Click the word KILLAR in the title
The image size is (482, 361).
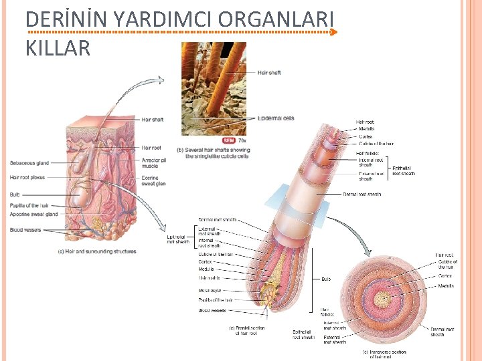point(58,48)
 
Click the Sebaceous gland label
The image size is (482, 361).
point(29,162)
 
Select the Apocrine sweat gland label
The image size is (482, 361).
point(34,214)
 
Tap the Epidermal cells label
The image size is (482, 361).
point(276,118)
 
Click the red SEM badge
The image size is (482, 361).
point(229,141)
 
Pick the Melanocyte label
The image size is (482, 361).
point(210,291)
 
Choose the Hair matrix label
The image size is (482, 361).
point(210,277)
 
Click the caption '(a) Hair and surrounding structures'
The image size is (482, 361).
point(97,252)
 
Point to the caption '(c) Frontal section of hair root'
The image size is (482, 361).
point(247,330)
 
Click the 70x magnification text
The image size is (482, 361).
point(242,141)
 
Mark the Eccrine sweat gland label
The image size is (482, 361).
point(153,181)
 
